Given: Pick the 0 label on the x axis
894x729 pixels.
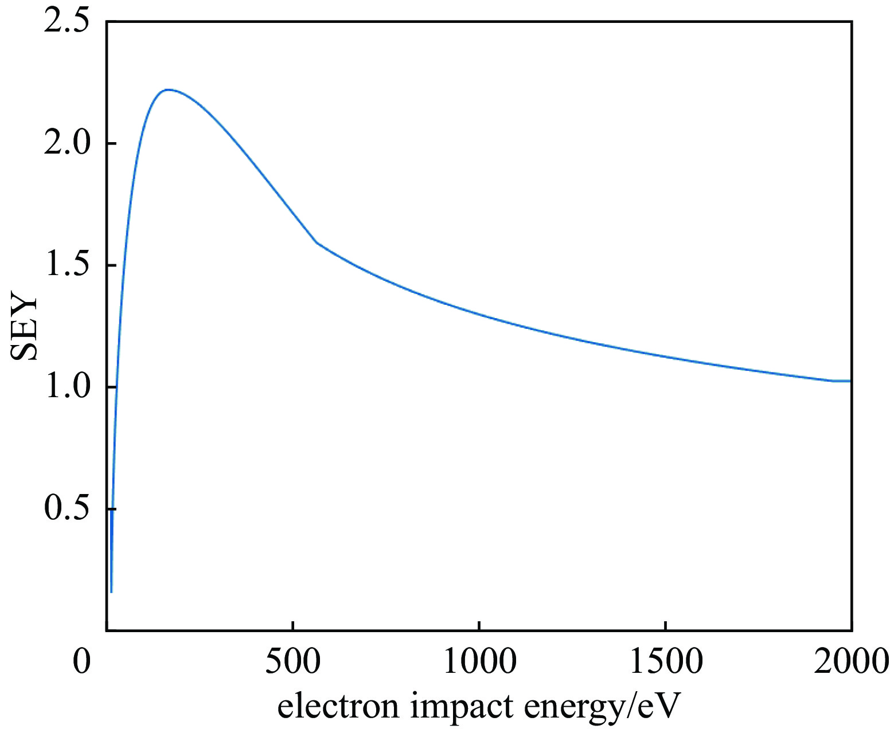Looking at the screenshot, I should (x=83, y=661).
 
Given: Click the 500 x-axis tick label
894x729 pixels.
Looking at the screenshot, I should (x=293, y=661).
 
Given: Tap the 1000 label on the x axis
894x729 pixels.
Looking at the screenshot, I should (x=479, y=661).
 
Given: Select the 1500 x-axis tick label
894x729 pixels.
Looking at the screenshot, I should (x=665, y=661).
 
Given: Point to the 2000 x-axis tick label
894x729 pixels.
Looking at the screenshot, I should (x=851, y=661).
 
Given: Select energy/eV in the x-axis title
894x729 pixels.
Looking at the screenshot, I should (x=602, y=706).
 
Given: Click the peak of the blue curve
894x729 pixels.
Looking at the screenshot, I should (x=167, y=89).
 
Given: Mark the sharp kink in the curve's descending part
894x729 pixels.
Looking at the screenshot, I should (x=317, y=242).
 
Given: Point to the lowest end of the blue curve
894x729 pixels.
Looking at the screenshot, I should (x=111, y=591).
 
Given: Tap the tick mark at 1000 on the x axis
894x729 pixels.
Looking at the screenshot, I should (x=479, y=626).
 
